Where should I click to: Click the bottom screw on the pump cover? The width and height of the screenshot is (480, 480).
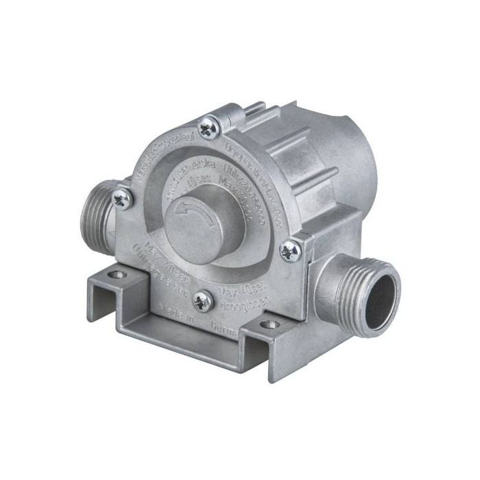(202, 300)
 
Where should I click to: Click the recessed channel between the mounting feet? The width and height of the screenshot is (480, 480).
(185, 336)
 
